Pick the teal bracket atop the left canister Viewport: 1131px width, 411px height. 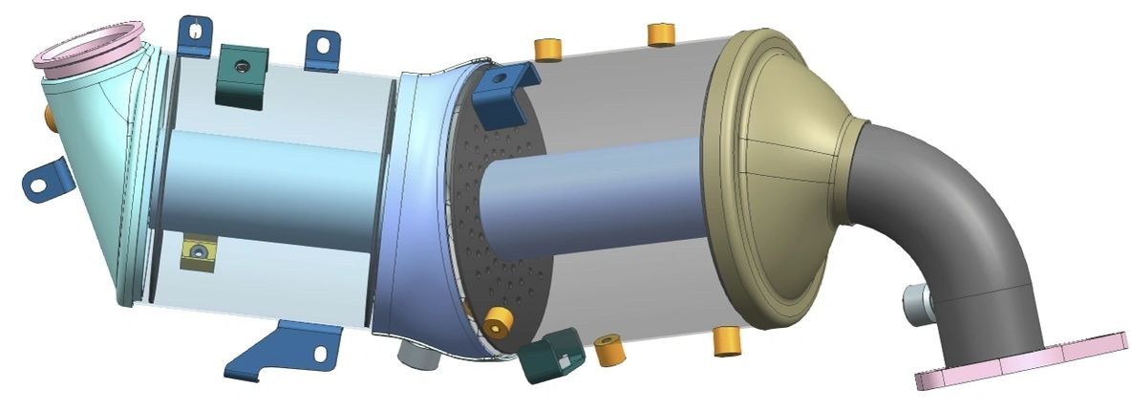pyautogui.click(x=243, y=74)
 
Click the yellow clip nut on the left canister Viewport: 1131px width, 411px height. pyautogui.click(x=198, y=252)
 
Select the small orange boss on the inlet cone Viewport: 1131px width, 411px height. pyautogui.click(x=48, y=117)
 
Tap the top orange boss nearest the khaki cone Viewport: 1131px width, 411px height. pyautogui.click(x=661, y=34)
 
